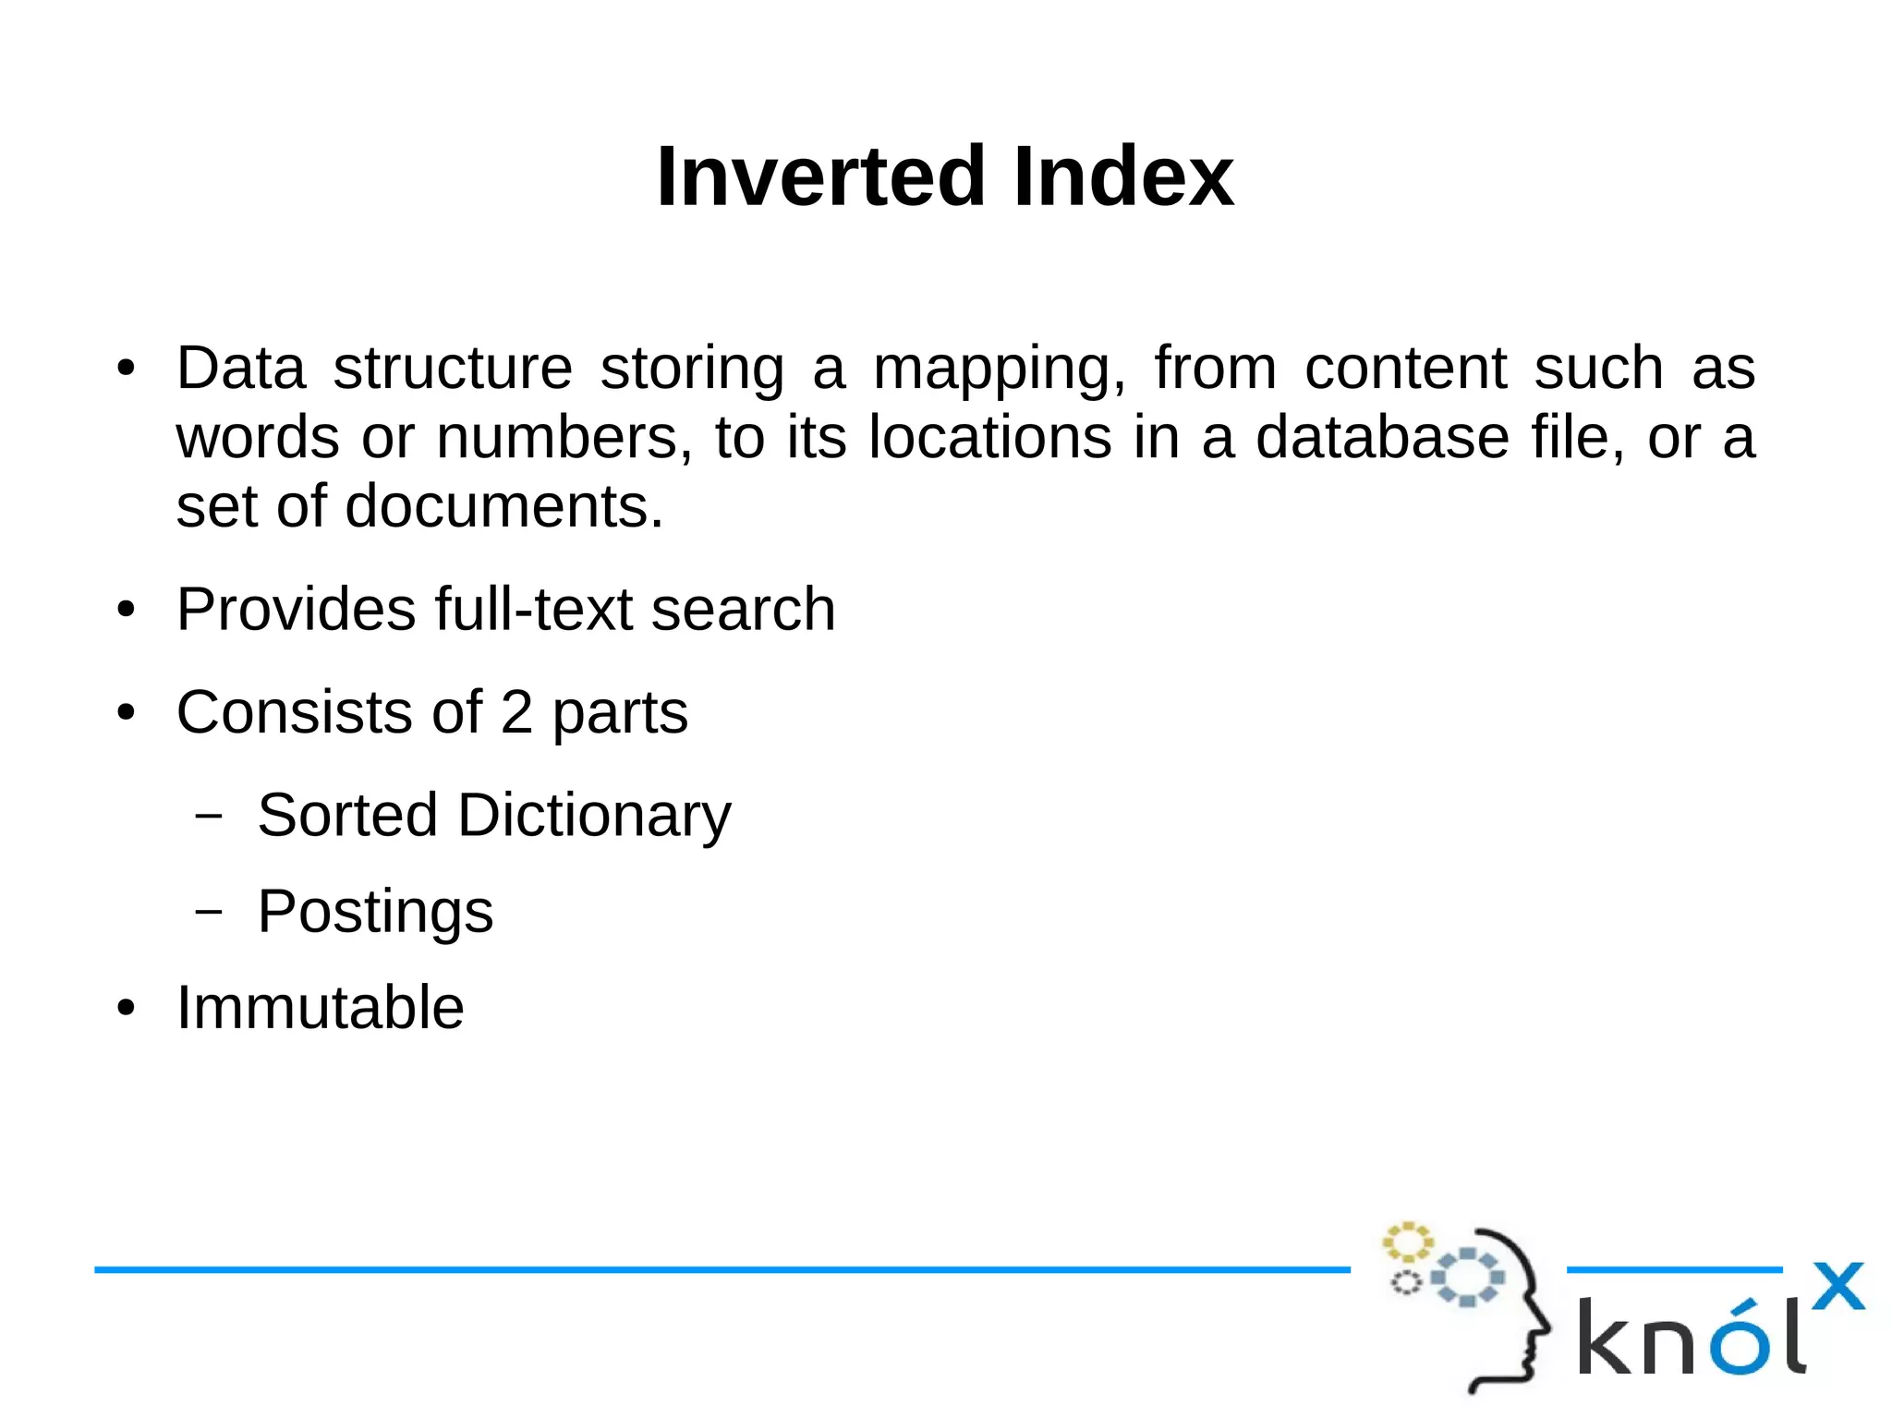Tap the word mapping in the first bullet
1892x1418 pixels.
point(999,369)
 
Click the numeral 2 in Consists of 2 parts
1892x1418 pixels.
point(516,712)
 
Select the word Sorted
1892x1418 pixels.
point(347,815)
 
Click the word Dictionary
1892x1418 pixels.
point(594,815)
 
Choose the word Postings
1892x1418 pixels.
point(375,912)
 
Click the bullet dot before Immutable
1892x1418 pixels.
point(127,1008)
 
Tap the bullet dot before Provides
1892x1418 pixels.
point(127,611)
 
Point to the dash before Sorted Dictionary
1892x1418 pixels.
point(210,816)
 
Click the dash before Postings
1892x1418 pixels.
point(210,912)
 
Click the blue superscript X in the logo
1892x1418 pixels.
point(1837,1286)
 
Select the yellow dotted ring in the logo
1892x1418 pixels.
point(1407,1242)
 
